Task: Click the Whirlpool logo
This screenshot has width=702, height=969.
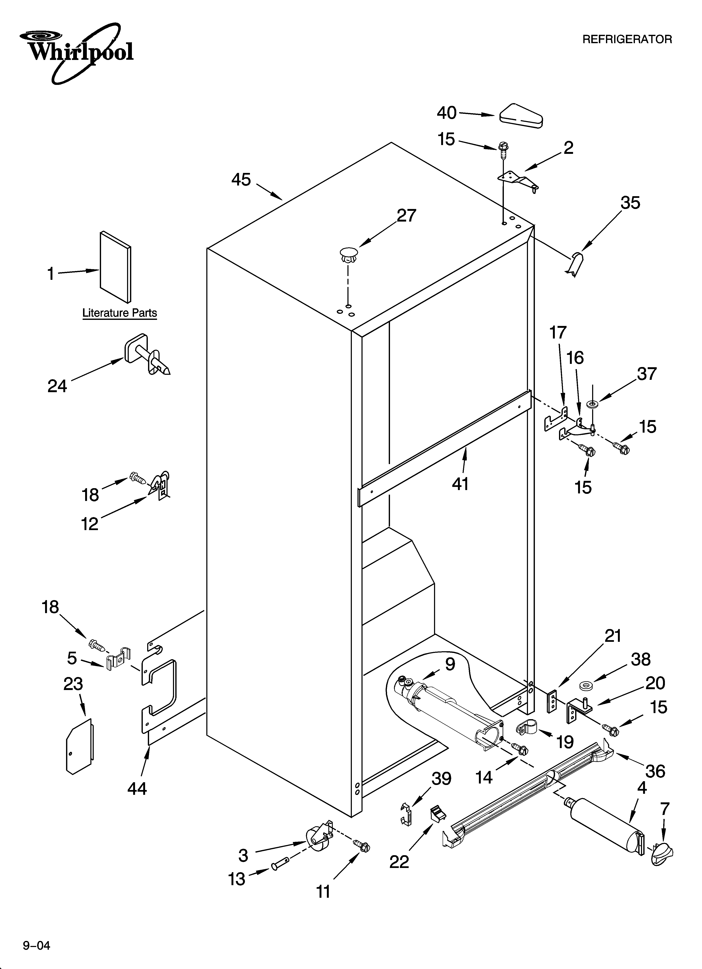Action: click(77, 52)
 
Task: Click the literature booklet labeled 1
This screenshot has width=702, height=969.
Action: click(116, 267)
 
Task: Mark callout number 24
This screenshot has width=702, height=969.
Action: click(57, 386)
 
